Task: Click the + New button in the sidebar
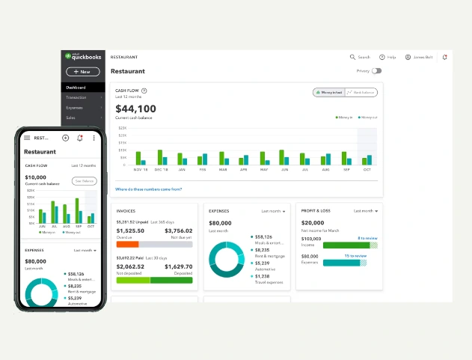82,72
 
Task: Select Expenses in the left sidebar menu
76,108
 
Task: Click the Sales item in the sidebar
71,118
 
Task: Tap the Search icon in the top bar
353,57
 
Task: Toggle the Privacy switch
376,71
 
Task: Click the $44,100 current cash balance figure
135,109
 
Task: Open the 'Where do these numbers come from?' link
148,189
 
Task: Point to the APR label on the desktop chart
242,170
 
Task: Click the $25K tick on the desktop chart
122,128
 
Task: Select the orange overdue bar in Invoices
128,244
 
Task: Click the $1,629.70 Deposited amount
178,266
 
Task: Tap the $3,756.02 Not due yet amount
178,231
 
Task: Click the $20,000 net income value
313,223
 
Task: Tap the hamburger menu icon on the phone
28,138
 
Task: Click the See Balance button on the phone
84,181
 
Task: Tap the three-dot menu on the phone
94,138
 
